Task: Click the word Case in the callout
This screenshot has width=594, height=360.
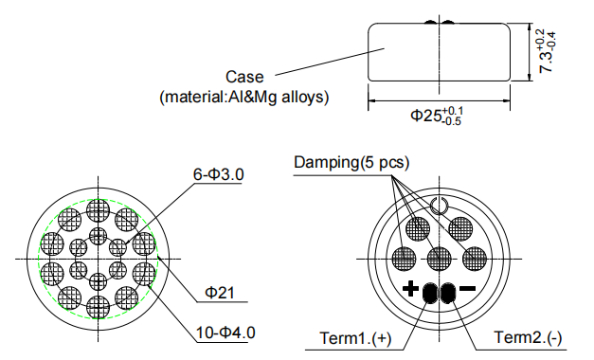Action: [244, 77]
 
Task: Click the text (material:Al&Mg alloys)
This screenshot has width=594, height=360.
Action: [243, 96]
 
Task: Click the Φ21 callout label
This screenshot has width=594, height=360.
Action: [220, 294]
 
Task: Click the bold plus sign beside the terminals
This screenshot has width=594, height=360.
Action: [410, 290]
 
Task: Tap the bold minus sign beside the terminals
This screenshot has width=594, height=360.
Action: [467, 290]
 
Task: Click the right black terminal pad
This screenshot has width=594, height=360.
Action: [445, 292]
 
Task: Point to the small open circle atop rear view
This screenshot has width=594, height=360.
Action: [439, 205]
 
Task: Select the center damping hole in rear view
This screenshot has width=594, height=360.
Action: [439, 258]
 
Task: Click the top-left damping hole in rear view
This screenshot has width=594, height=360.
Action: [417, 227]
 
